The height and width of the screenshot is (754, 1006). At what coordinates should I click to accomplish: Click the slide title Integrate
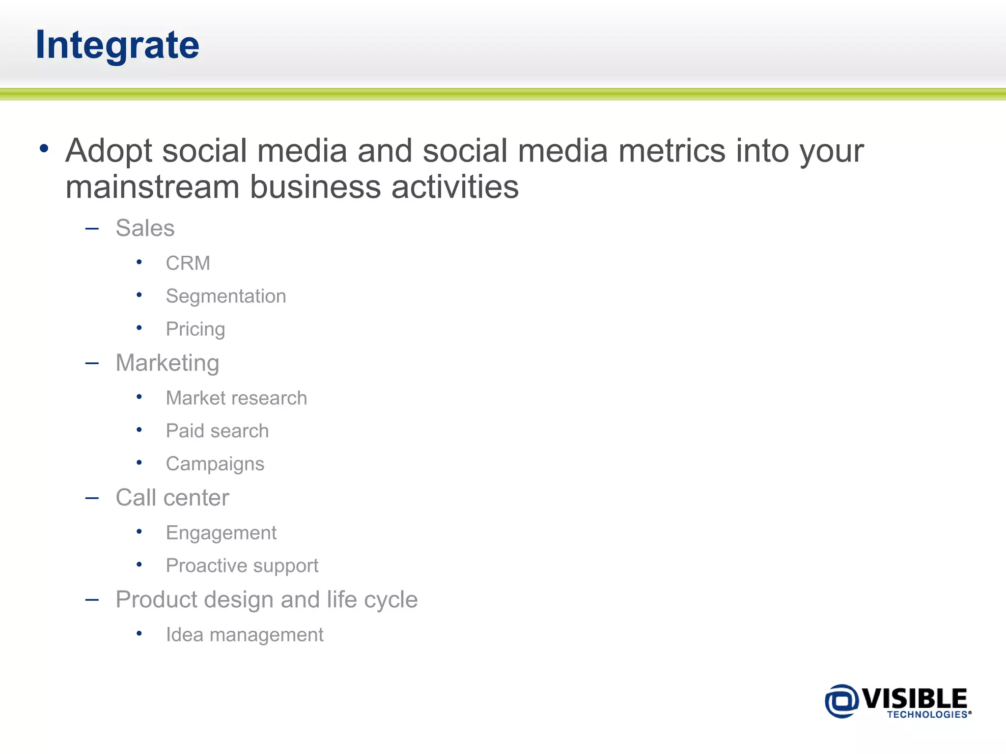117,45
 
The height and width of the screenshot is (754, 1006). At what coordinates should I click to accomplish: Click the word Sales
145,228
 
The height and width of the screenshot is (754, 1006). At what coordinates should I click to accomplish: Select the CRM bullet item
188,264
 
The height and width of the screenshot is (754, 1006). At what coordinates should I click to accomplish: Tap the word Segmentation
225,296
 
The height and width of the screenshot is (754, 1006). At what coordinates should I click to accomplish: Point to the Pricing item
195,329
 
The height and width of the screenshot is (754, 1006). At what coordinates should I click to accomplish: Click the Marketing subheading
167,363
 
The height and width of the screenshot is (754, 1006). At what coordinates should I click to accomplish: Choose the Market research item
236,398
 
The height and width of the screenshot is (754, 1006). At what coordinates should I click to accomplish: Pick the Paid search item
217,431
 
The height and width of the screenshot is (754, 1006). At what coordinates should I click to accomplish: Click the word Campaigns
215,464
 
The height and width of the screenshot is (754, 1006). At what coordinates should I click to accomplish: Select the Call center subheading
172,498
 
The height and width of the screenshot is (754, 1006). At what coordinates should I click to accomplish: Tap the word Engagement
221,533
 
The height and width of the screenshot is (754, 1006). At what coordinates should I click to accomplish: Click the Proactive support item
242,566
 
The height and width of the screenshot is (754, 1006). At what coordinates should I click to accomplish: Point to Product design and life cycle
266,600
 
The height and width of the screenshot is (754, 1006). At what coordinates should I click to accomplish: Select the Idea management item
244,635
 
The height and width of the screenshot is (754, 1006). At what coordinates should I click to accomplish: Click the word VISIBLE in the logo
915,698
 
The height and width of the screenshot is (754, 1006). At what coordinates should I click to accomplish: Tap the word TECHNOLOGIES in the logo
926,715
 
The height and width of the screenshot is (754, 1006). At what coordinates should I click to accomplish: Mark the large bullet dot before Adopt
44,148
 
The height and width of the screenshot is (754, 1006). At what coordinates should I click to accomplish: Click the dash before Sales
92,228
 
